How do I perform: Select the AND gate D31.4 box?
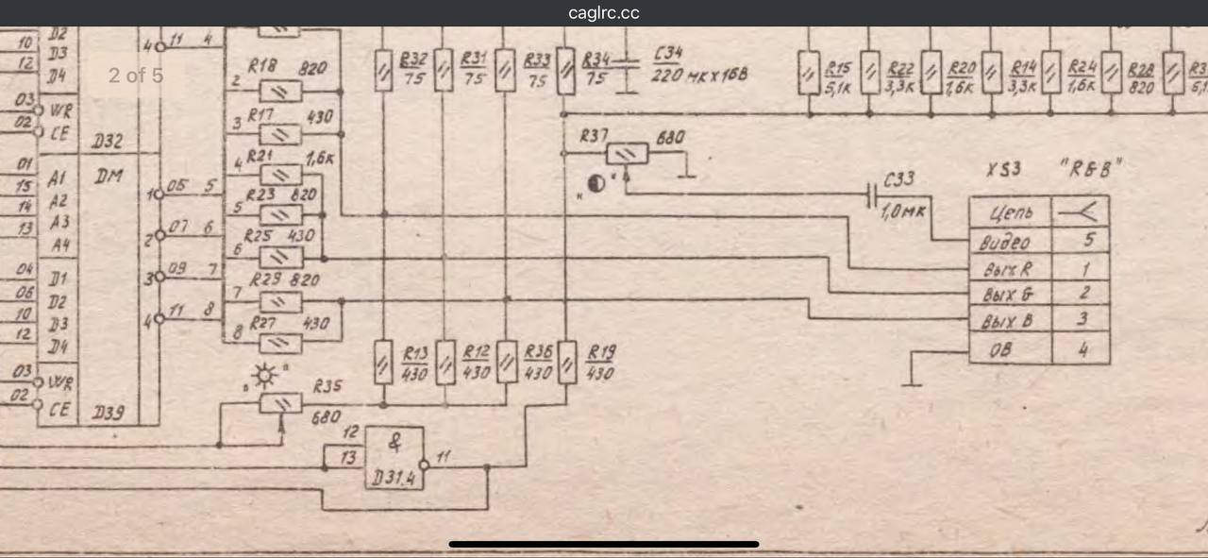click(394, 457)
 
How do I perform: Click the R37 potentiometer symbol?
click(627, 153)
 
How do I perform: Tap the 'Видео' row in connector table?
click(1011, 241)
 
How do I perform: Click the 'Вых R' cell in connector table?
click(1011, 268)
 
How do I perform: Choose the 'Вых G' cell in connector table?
click(1011, 295)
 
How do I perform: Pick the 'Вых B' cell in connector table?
click(1011, 322)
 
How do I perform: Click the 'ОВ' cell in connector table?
click(1011, 349)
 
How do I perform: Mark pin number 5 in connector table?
click(1082, 241)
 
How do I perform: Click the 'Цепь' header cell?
click(1011, 212)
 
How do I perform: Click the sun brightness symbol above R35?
click(266, 379)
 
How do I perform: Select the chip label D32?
click(109, 143)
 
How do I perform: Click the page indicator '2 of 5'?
click(135, 75)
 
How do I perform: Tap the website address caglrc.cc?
click(604, 13)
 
